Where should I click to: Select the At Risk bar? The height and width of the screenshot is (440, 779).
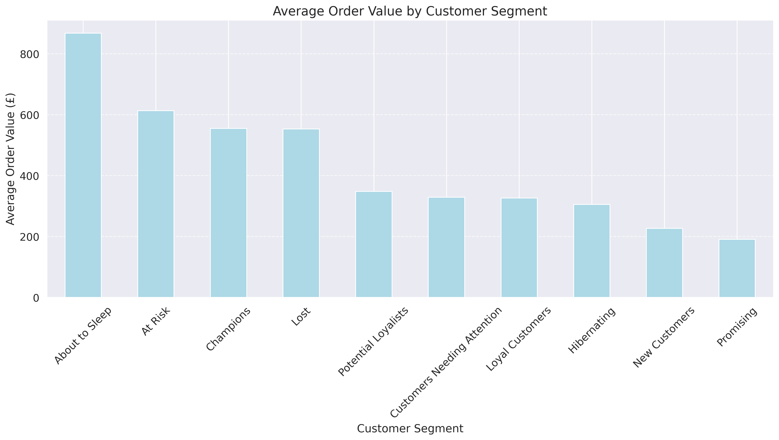tap(156, 204)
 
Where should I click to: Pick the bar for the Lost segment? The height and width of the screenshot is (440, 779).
tap(301, 213)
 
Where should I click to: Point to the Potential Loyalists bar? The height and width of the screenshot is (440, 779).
tap(374, 244)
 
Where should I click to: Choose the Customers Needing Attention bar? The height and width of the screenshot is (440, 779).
tap(447, 247)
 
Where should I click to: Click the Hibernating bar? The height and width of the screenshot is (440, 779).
tap(592, 251)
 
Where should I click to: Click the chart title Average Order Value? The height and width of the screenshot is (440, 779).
tap(410, 11)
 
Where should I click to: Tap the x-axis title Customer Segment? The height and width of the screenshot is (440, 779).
tap(410, 428)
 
